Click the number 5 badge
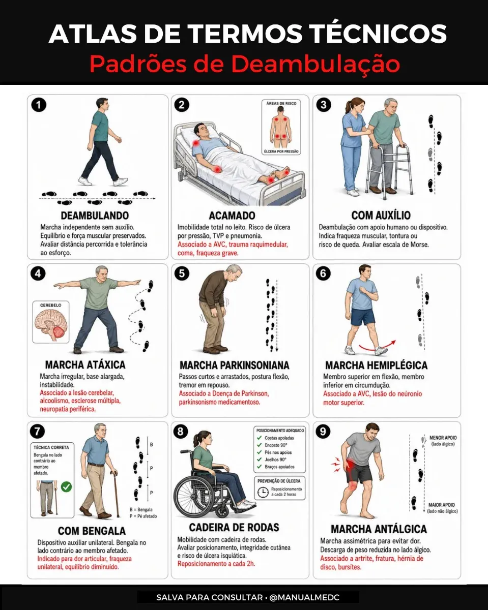pyautogui.click(x=182, y=273)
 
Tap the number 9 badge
pyautogui.click(x=323, y=432)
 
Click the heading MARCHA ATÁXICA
pyautogui.click(x=85, y=364)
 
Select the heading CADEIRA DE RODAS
pyautogui.click(x=234, y=527)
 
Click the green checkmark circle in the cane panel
pyautogui.click(x=66, y=486)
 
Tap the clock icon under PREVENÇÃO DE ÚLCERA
pyautogui.click(x=263, y=492)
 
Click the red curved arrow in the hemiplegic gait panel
pyautogui.click(x=378, y=346)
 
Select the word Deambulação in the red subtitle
pyautogui.click(x=316, y=64)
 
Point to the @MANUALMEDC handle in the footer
pyautogui.click(x=304, y=597)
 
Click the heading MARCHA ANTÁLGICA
pyautogui.click(x=379, y=529)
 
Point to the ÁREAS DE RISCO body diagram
pyautogui.click(x=281, y=128)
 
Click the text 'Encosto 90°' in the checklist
pyautogui.click(x=276, y=445)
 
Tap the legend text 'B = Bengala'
pyautogui.click(x=141, y=510)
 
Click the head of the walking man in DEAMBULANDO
pyautogui.click(x=102, y=104)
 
